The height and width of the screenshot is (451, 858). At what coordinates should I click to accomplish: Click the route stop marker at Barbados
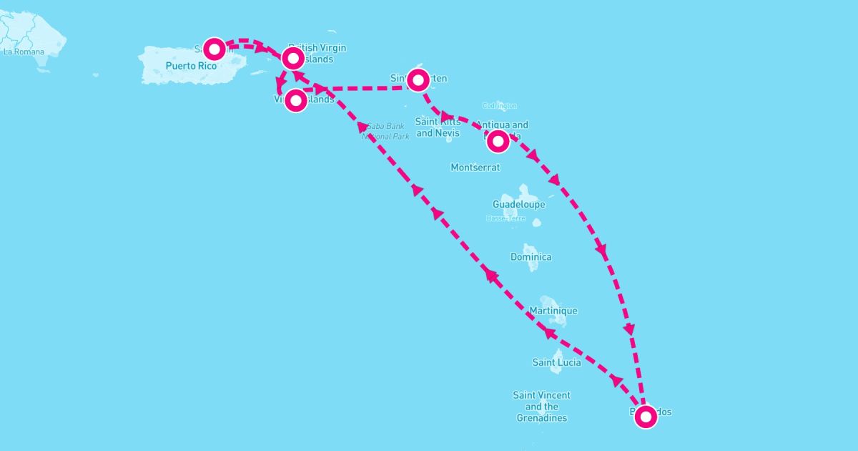[x=646, y=416]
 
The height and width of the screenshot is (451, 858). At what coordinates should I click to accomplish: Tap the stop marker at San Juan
[x=214, y=49]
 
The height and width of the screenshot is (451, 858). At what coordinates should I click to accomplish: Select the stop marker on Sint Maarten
[x=418, y=80]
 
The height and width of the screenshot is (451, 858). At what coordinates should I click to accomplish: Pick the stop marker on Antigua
[x=498, y=141]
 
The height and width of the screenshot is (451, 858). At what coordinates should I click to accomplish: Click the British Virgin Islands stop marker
[x=292, y=58]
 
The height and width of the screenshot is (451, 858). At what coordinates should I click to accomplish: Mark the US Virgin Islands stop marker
[x=296, y=100]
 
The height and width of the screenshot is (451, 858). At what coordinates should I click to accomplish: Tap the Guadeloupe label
[x=518, y=204]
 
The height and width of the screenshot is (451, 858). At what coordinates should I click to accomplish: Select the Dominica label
[x=531, y=257]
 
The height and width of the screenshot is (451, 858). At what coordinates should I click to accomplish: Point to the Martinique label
[x=553, y=311]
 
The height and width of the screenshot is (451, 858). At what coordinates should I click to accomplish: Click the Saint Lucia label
[x=556, y=362]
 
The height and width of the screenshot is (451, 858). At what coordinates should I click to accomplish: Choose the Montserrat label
[x=475, y=167]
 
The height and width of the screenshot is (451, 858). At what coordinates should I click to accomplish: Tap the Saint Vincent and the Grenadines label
[x=541, y=407]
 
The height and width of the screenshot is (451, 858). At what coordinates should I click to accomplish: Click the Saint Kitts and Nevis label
[x=438, y=127]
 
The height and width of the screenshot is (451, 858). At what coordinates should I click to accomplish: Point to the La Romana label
[x=24, y=52]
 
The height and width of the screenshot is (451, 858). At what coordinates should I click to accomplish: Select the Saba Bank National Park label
[x=385, y=131]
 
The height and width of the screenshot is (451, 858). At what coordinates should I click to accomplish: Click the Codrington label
[x=500, y=105]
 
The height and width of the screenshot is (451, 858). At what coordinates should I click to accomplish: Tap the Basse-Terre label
[x=506, y=218]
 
